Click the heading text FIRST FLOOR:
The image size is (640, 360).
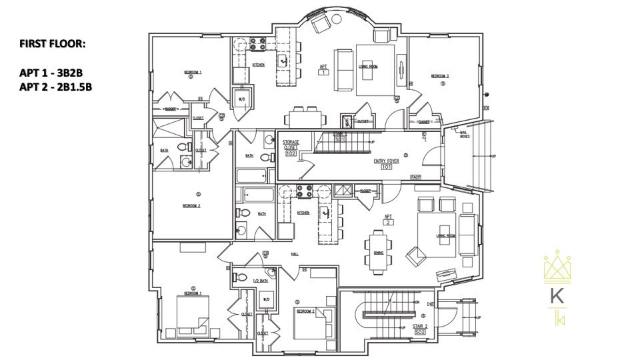[x=53, y=44]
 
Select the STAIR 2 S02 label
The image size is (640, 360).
[x=420, y=328]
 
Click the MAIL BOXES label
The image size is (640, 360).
[x=465, y=135]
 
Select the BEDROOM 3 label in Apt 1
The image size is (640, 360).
[x=440, y=76]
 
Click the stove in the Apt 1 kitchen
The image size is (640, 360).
[x=257, y=45]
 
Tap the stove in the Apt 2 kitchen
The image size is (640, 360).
[x=303, y=192]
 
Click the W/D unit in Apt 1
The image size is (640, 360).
[x=241, y=97]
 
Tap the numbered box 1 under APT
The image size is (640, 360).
[x=323, y=72]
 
